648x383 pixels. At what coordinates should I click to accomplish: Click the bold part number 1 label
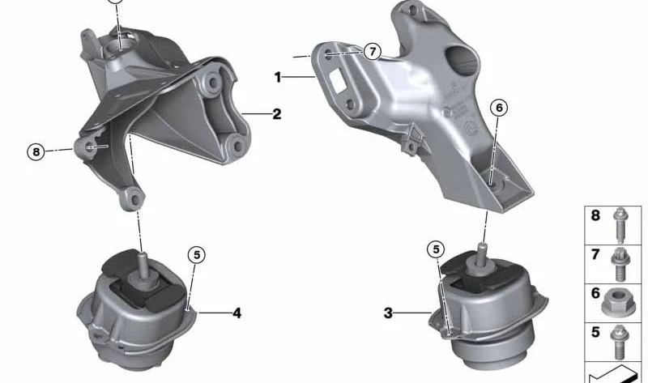tap(278, 78)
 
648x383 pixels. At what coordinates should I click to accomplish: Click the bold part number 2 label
tap(276, 114)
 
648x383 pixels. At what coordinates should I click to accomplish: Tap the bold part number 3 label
tap(388, 312)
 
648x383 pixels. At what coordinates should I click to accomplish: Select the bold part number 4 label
tap(237, 312)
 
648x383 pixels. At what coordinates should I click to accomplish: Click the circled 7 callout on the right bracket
tap(372, 52)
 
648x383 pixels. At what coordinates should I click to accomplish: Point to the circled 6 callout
tap(498, 107)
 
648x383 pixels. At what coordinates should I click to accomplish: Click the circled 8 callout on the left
tap(34, 151)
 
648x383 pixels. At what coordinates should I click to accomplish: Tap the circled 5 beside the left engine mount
tap(197, 254)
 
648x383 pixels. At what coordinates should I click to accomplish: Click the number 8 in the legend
tap(595, 216)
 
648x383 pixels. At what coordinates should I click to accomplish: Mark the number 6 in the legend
tap(595, 293)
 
